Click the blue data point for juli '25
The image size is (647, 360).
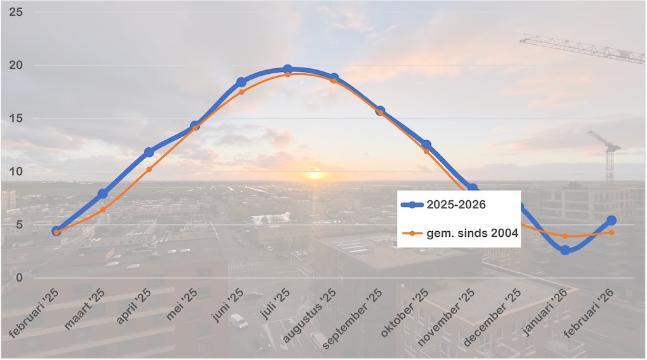click(287, 69)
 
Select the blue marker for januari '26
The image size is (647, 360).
click(565, 250)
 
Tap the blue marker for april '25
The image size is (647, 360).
click(149, 152)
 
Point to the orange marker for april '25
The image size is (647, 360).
click(149, 169)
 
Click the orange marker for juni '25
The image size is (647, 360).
click(241, 92)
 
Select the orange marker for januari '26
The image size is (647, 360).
click(565, 236)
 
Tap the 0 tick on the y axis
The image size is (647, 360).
click(19, 277)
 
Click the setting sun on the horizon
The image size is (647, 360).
click(314, 174)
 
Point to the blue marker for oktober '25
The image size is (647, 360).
click(426, 145)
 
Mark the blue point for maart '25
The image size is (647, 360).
click(103, 193)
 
